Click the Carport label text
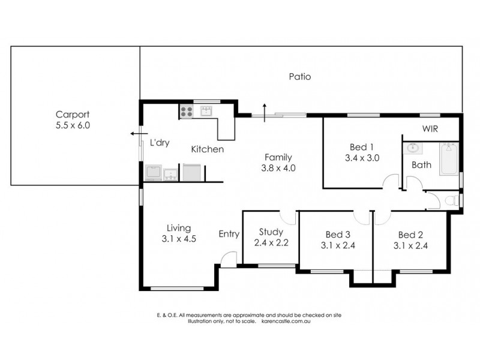pos(73,115)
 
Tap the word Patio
pos(299,77)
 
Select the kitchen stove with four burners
pos(187,111)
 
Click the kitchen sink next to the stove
pos(207,111)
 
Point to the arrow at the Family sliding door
pos(264,111)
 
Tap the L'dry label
pos(160,143)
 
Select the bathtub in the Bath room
pos(449,158)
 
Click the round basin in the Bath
pos(413,148)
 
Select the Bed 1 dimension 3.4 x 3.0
pos(362,158)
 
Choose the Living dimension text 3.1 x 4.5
pos(179,238)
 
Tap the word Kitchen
pos(208,149)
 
